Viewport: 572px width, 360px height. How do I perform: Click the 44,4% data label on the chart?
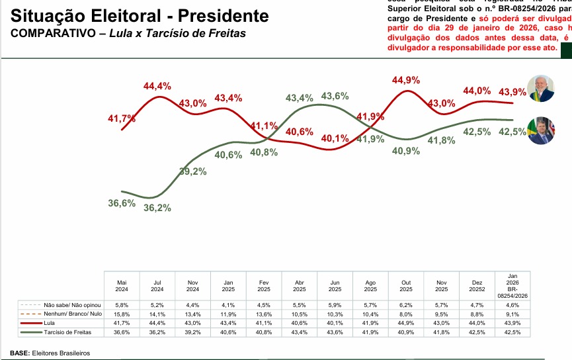(157, 86)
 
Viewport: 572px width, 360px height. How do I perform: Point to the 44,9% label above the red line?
(406, 81)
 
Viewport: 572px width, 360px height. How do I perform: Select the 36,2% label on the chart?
(157, 208)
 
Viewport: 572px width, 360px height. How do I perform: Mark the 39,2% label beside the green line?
(193, 171)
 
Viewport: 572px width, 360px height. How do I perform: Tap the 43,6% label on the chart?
(335, 96)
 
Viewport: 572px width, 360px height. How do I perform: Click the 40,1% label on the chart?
(335, 139)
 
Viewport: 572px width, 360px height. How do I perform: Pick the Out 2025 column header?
(406, 285)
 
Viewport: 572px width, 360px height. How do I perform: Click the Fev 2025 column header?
(263, 285)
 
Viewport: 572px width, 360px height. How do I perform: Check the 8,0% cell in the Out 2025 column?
(406, 313)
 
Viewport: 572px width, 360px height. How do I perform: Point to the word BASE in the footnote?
(19, 353)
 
